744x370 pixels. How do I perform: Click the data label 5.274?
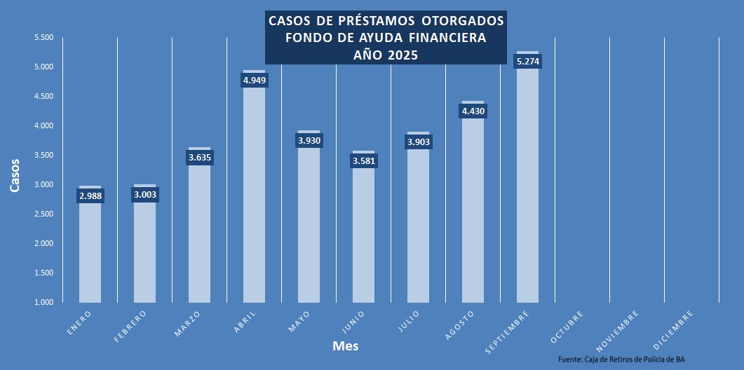pyautogui.click(x=528, y=62)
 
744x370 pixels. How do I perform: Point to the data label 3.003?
pyautogui.click(x=144, y=196)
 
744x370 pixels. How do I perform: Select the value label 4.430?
pyautogui.click(x=473, y=111)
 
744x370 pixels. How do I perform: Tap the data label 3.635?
pyautogui.click(x=200, y=158)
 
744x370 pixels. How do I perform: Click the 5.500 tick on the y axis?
pyautogui.click(x=43, y=37)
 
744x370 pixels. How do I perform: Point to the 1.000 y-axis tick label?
pyautogui.click(x=43, y=302)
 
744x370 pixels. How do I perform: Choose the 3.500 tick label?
pyautogui.click(x=43, y=155)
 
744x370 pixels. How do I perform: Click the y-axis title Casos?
pyautogui.click(x=15, y=175)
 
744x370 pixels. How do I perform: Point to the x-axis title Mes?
pyautogui.click(x=346, y=346)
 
